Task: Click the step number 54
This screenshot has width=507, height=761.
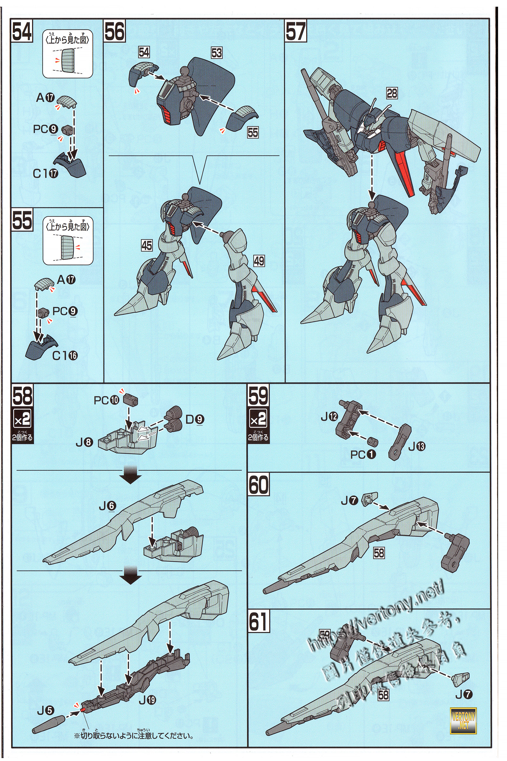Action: coord(22,31)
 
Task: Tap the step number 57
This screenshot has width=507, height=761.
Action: coord(296,31)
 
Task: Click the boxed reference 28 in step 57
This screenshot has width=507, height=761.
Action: coord(392,94)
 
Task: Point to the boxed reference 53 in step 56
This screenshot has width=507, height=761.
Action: coord(216,53)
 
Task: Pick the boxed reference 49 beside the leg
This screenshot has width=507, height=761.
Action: coord(259,261)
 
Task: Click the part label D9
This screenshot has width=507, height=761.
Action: coord(195,419)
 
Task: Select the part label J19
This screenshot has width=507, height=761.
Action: coord(147,700)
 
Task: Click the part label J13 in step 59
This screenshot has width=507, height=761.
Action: coord(417,447)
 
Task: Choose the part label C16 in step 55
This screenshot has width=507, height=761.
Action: coord(65,355)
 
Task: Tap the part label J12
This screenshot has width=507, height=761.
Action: coord(329,417)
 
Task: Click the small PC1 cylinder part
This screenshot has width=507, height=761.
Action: coord(373,441)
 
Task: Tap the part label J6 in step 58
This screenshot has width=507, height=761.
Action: coord(107,505)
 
